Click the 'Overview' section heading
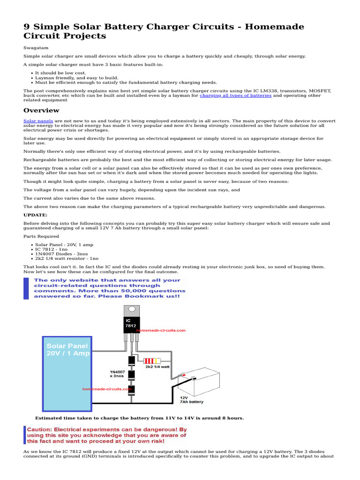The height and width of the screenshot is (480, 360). tap(41, 111)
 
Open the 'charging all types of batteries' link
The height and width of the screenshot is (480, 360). tap(235, 95)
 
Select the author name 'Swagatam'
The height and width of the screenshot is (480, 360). tap(35, 48)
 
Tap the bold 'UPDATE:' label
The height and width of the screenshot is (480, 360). tap(35, 215)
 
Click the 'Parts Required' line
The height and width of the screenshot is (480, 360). tap(41, 236)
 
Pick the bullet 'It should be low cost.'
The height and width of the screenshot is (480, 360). tap(60, 73)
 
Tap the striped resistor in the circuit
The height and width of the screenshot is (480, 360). tap(151, 360)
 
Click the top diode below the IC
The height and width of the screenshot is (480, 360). tap(132, 360)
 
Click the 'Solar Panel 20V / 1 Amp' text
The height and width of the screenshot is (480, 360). tap(67, 350)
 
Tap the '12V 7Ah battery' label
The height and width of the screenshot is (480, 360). tap(191, 399)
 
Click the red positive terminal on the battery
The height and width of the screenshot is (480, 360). tap(184, 375)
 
